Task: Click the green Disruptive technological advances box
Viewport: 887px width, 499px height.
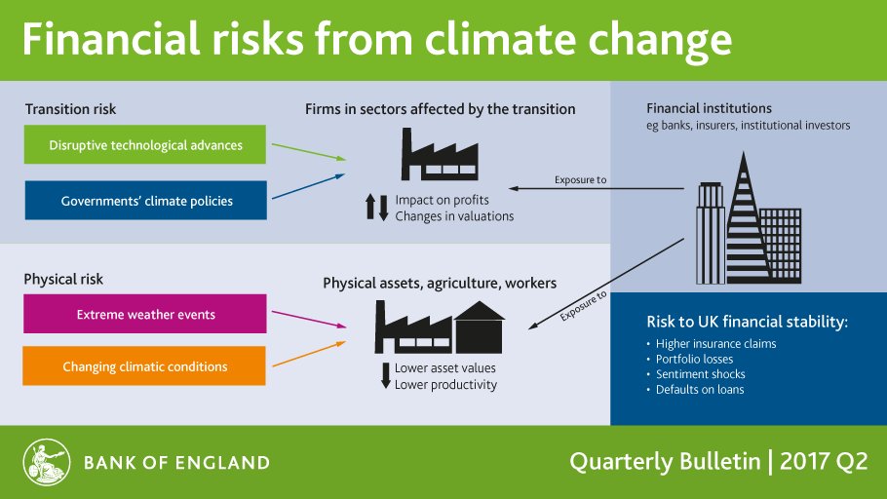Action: (145, 146)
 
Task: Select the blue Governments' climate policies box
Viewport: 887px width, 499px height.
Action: (145, 202)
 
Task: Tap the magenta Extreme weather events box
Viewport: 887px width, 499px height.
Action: (145, 315)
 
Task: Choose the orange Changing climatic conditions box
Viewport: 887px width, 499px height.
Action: (145, 366)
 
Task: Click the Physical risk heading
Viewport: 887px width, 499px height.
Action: (63, 280)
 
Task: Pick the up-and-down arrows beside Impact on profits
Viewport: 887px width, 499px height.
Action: (376, 208)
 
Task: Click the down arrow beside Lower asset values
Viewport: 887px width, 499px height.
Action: (384, 376)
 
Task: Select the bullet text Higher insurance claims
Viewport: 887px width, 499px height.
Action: (715, 343)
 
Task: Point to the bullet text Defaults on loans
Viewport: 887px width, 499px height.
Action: (700, 390)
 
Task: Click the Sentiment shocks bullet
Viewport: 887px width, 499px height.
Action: (700, 374)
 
